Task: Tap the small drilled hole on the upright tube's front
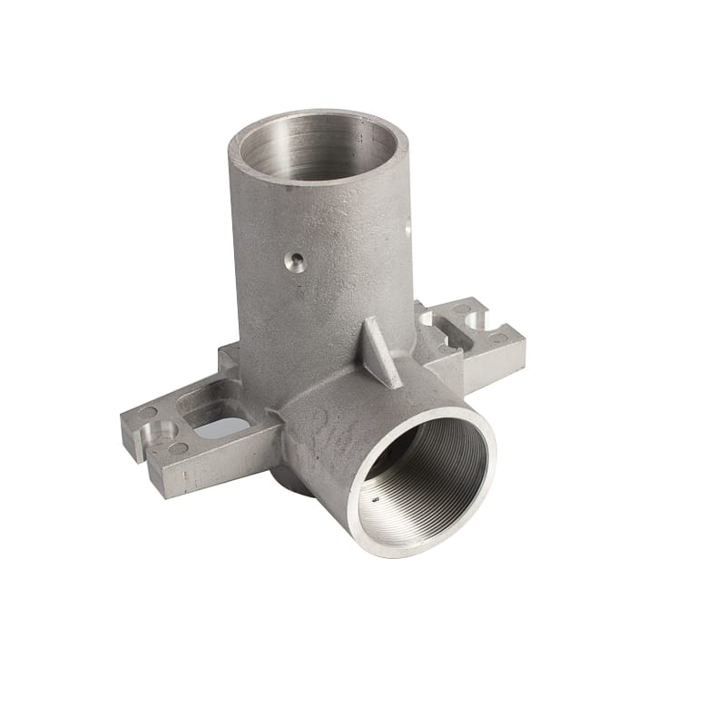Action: [x=292, y=262]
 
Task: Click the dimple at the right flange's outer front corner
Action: [x=498, y=338]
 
